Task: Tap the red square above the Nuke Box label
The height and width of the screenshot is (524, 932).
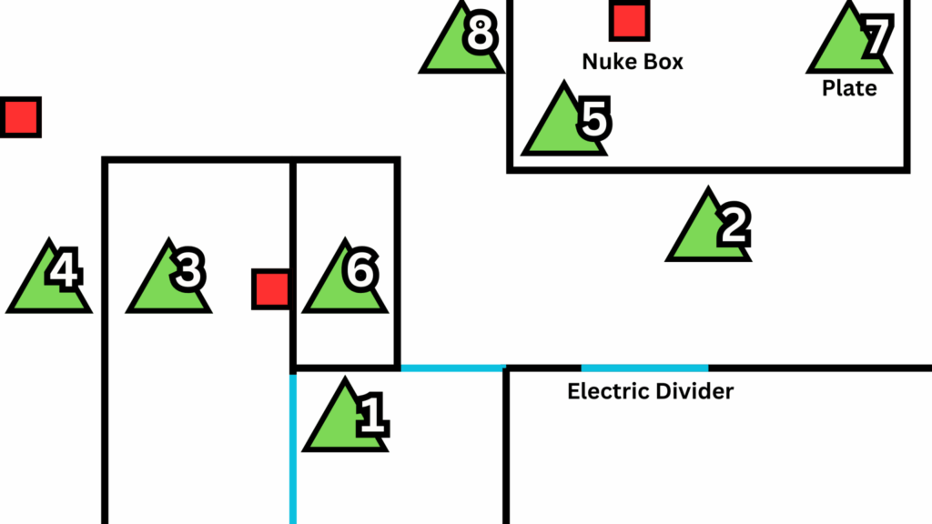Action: click(629, 22)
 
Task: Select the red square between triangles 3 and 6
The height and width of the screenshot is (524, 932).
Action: click(270, 288)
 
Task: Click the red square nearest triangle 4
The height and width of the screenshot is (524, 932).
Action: click(20, 117)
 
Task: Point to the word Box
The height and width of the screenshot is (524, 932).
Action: click(662, 62)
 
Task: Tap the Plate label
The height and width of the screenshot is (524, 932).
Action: click(849, 88)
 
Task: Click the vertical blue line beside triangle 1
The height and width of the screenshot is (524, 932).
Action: click(293, 446)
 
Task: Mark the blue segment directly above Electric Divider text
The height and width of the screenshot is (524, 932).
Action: click(644, 368)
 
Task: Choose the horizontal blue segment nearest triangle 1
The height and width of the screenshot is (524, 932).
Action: click(452, 368)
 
